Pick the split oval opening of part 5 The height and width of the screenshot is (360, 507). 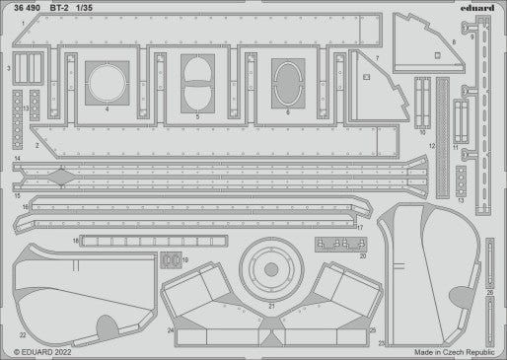point(197,79)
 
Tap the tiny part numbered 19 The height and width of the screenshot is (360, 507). point(173,260)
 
